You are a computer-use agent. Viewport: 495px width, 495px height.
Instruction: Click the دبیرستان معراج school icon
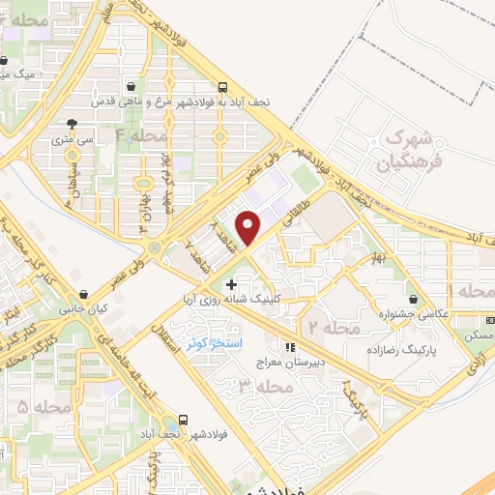(288, 346)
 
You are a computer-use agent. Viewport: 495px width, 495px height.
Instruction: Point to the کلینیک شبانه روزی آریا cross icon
(230, 283)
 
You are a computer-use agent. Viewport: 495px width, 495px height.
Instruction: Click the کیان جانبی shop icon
(84, 293)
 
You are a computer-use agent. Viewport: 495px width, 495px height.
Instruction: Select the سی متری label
(73, 139)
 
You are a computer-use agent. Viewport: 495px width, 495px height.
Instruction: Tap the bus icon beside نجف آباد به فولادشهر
(222, 85)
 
